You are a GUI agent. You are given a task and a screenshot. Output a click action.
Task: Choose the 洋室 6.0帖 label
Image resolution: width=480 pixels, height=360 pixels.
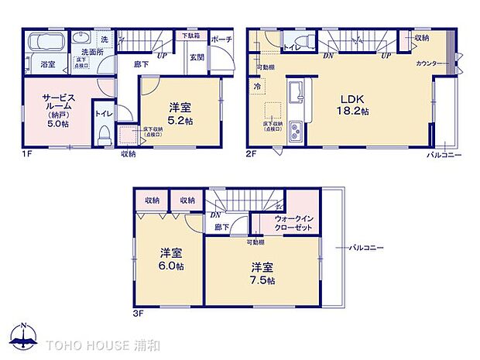click(171, 259)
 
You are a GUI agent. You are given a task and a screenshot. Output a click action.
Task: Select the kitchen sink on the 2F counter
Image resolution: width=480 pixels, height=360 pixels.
click(294, 98)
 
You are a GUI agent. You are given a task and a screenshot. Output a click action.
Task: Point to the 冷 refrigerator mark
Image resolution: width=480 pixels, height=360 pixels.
click(255, 87)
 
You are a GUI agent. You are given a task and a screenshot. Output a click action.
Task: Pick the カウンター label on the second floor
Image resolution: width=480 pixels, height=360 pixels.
click(430, 63)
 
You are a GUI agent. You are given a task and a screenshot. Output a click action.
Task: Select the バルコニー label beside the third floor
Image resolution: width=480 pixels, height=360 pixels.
click(364, 249)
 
